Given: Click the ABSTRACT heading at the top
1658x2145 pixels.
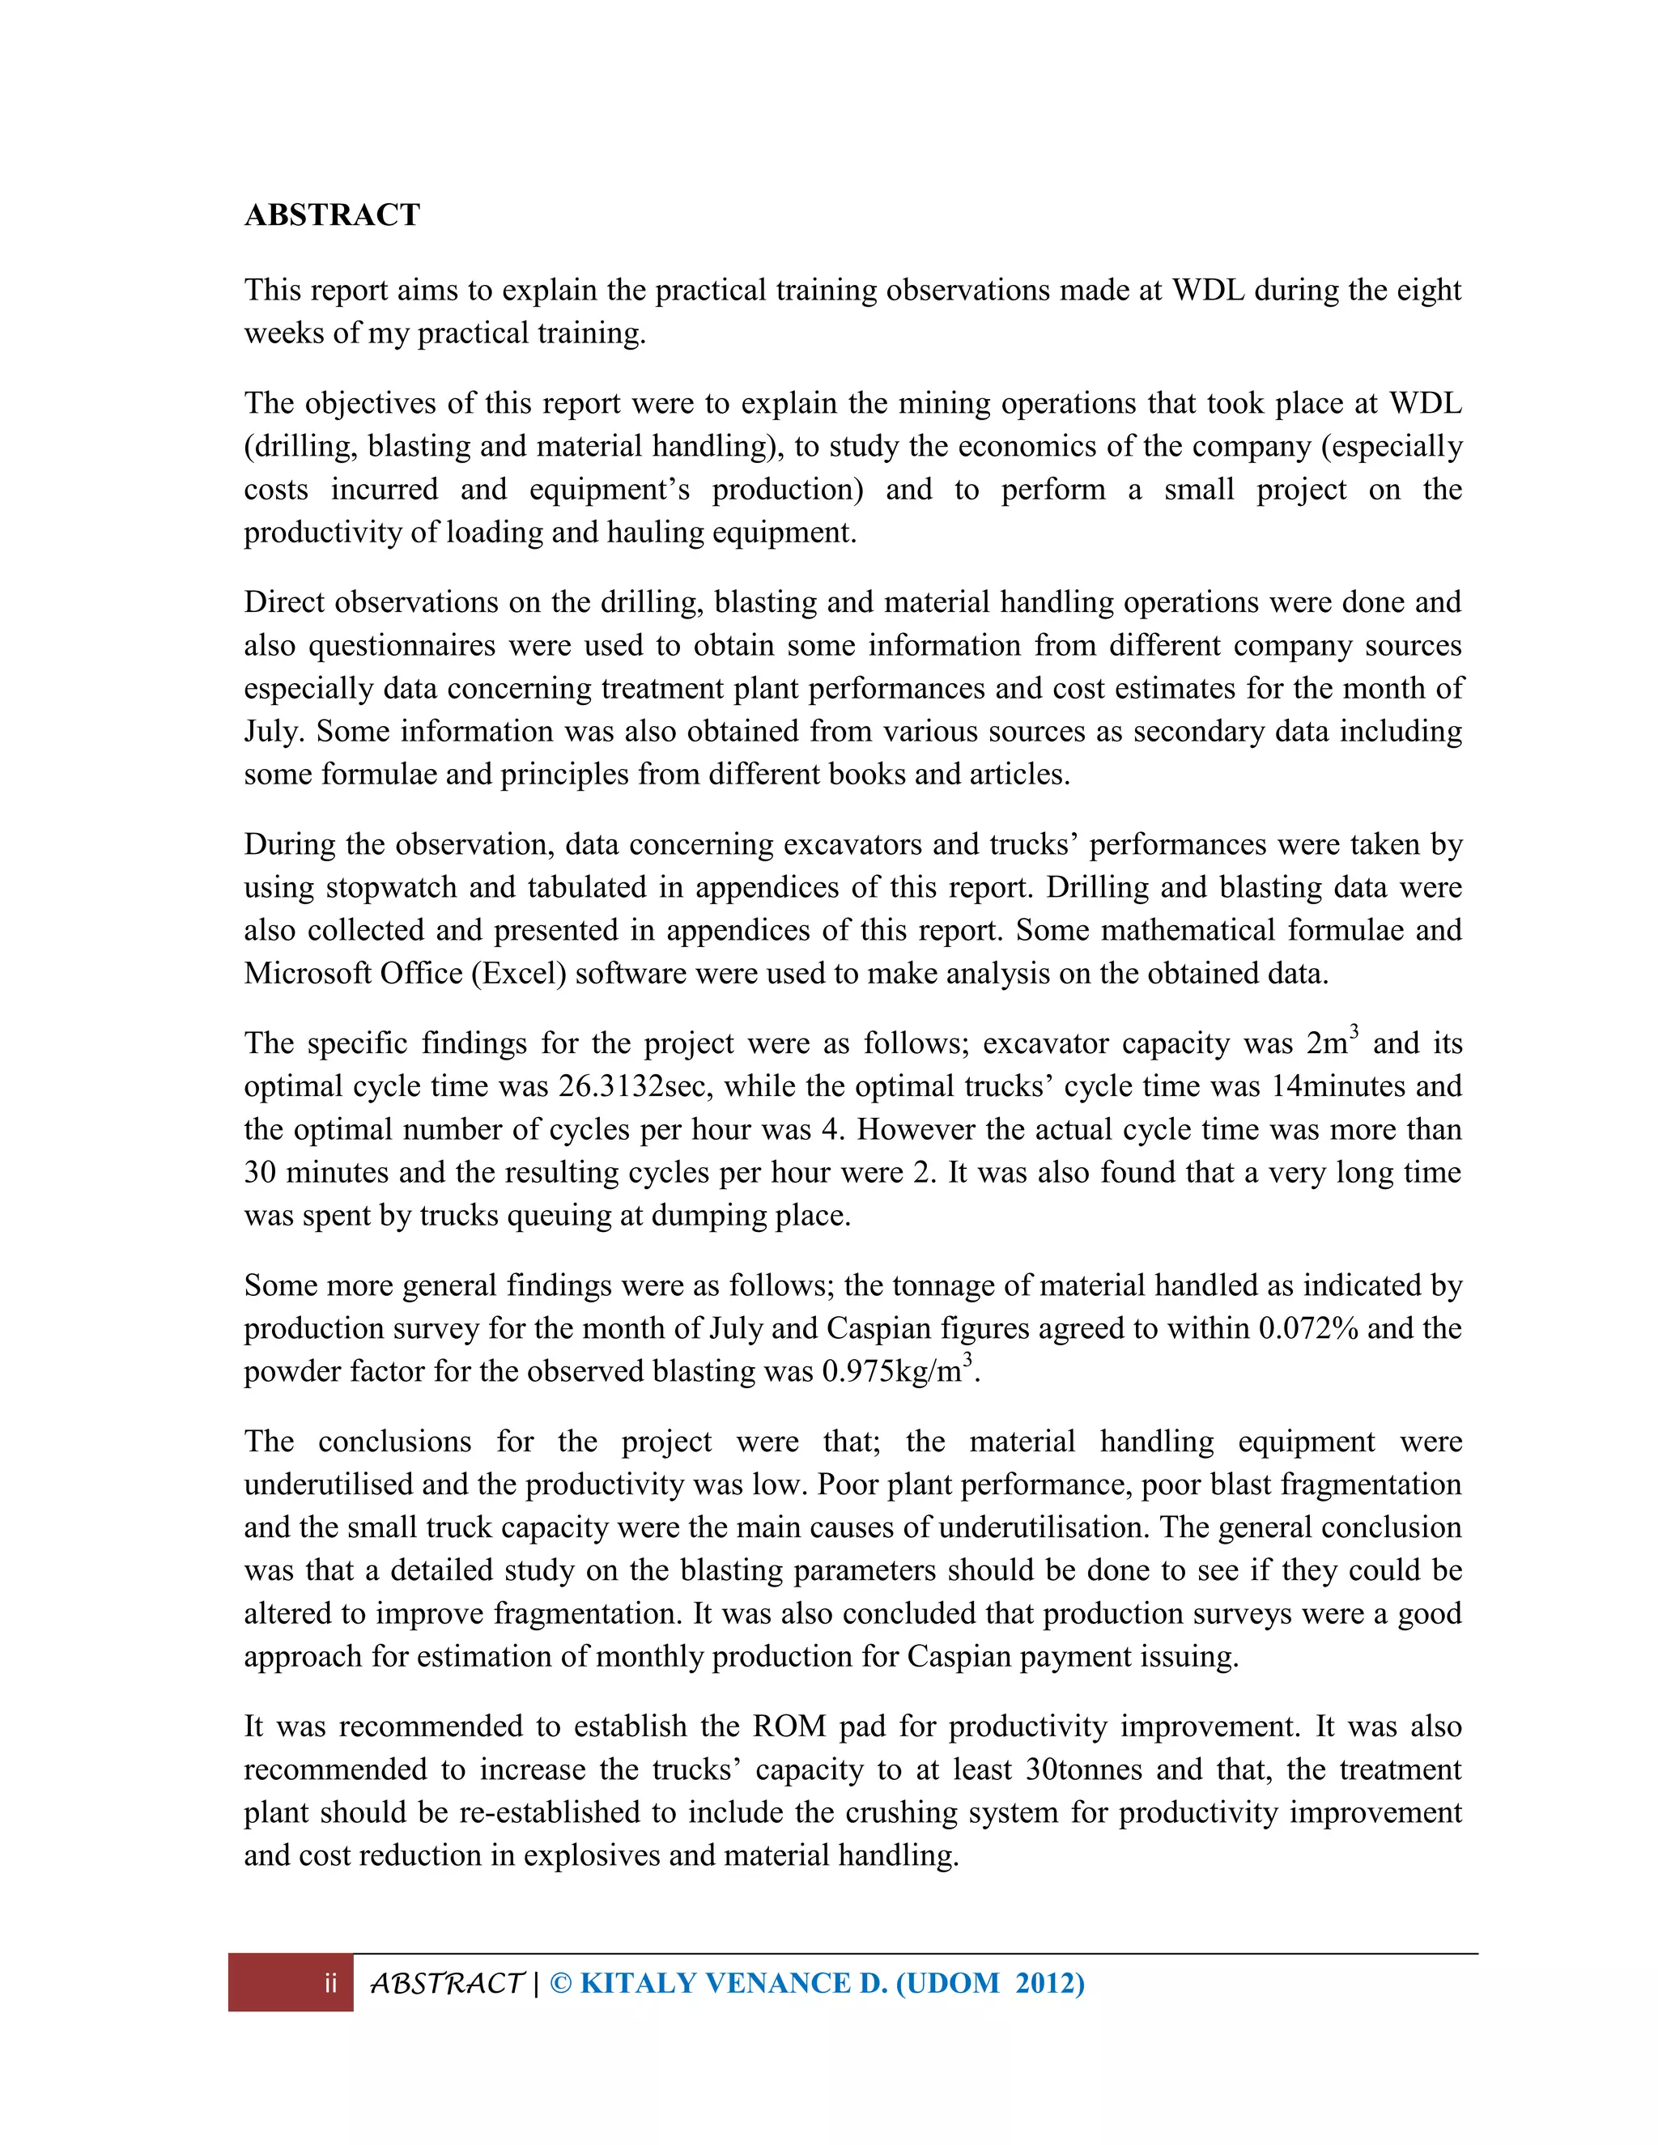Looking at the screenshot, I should pos(332,214).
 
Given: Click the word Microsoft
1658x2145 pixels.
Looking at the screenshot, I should pos(307,973).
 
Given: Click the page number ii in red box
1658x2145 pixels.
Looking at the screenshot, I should pos(331,1985).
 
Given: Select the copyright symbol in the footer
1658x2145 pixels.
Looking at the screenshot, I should pos(560,1984).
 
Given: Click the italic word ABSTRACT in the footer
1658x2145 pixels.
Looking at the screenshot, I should pos(446,1985).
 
